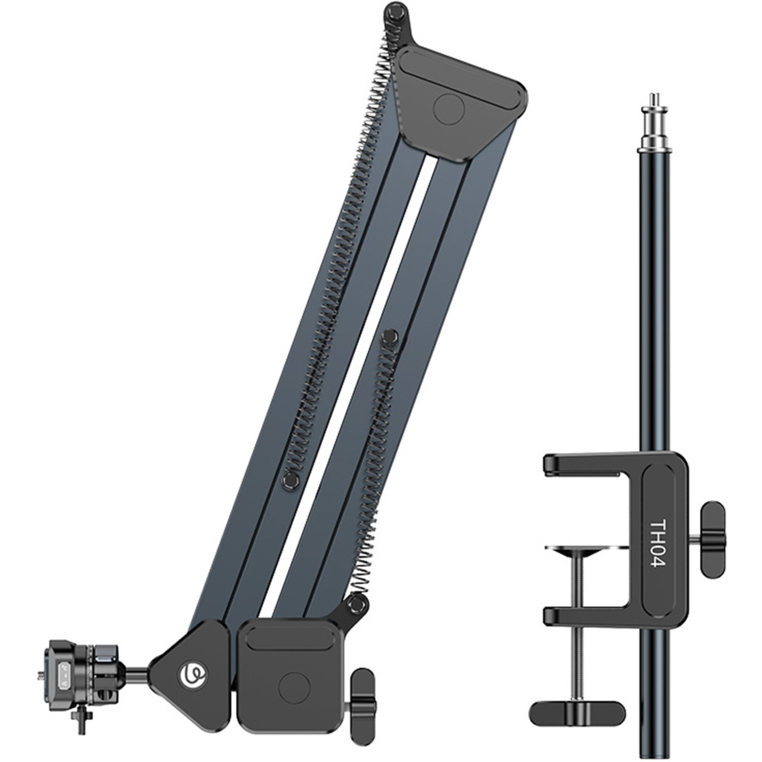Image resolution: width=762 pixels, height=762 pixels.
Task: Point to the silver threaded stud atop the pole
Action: [x=656, y=122]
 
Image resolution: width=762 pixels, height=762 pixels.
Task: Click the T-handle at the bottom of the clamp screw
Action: [x=577, y=713]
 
